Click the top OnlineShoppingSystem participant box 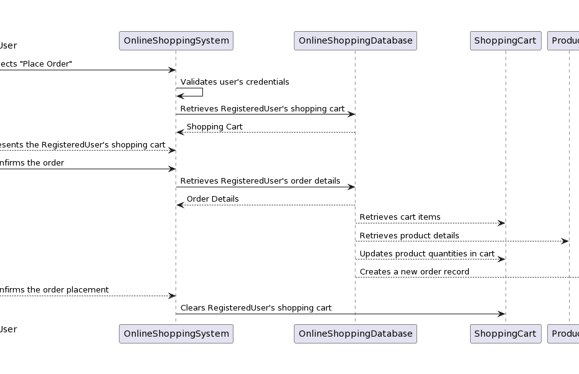click(x=176, y=40)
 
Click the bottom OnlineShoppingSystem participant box click(x=176, y=334)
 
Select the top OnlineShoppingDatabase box click(x=355, y=40)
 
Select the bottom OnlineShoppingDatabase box click(x=355, y=334)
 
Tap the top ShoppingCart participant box click(x=505, y=40)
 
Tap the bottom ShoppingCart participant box click(x=505, y=334)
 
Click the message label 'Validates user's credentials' click(x=235, y=82)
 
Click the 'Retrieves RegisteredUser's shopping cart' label click(x=262, y=109)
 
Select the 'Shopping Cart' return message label click(x=214, y=127)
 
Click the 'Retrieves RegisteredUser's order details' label click(x=260, y=181)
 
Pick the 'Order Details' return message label click(x=212, y=199)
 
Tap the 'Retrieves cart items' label click(x=400, y=217)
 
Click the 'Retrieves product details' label click(x=409, y=236)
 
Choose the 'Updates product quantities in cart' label click(x=427, y=254)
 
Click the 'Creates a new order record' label click(x=414, y=272)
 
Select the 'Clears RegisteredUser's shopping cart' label click(x=256, y=308)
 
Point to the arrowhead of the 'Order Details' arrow click(x=180, y=205)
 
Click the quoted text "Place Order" click(x=46, y=64)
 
